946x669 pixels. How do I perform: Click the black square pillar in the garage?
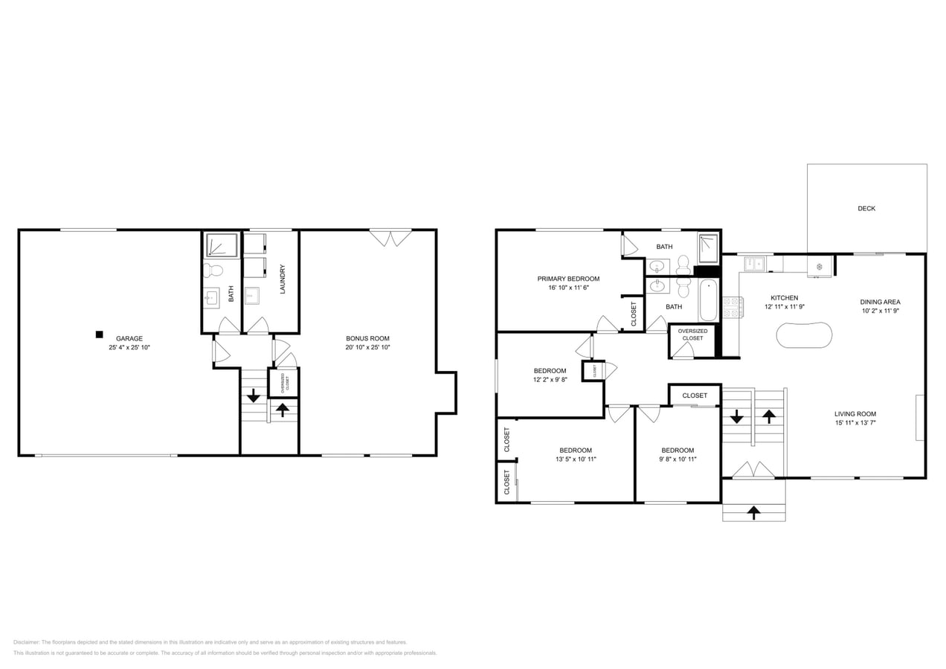pos(99,334)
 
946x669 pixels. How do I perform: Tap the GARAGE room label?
pos(129,338)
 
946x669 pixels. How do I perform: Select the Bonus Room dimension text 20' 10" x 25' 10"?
pos(367,347)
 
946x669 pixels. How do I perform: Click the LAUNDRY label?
pos(283,279)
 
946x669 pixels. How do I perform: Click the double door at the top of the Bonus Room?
pos(391,237)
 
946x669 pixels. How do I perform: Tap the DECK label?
pos(866,209)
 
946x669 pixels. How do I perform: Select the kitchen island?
pos(804,334)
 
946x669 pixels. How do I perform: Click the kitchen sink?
pos(755,263)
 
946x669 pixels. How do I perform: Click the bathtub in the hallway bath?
pos(707,300)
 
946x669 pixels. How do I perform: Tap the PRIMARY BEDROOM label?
pos(568,279)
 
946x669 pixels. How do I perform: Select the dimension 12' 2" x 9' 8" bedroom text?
pos(550,379)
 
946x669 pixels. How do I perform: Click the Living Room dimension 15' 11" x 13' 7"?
pos(855,423)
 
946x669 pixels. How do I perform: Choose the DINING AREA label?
pos(880,302)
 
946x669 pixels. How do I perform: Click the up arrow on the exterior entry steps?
pos(753,512)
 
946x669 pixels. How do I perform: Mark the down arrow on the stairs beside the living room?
pos(736,417)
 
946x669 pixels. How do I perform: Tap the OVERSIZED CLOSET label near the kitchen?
pos(692,334)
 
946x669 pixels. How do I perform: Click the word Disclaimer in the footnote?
pos(26,642)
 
